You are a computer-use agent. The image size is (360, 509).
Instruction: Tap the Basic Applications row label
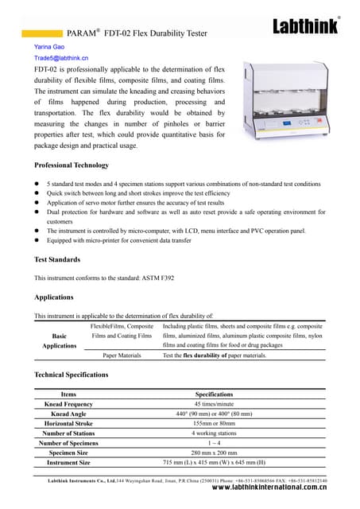[x=60, y=340]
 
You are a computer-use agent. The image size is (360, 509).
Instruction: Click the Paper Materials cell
[x=122, y=356]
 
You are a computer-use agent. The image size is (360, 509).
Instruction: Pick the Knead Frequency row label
[x=68, y=404]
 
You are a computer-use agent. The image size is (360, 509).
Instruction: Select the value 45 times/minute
[x=214, y=404]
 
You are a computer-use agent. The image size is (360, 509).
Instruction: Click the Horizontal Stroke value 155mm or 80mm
[x=214, y=423]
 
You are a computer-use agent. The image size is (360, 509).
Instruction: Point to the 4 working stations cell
[x=214, y=433]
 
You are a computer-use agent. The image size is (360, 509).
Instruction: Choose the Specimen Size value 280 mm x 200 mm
[x=214, y=453]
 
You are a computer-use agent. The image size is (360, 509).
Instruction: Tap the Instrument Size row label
[x=68, y=462]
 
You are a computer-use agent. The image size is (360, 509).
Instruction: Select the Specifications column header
[x=214, y=394]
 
